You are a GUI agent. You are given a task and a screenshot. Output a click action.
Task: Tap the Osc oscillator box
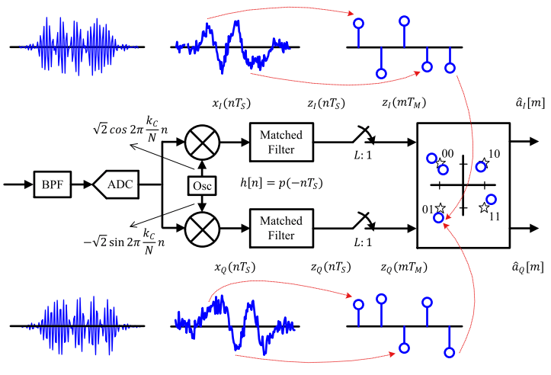202,184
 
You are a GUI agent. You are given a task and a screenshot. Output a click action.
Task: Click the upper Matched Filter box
281,141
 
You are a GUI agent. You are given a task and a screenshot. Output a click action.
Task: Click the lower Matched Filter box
281,227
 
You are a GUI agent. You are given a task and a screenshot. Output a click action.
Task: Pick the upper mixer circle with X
203,141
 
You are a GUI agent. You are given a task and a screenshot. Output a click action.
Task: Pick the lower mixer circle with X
203,227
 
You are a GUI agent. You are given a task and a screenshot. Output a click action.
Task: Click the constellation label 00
447,155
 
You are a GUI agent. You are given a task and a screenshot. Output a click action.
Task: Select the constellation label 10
494,155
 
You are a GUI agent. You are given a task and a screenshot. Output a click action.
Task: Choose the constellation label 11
494,216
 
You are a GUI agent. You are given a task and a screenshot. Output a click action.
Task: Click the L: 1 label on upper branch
364,157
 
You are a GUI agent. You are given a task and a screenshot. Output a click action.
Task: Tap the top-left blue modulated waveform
61,46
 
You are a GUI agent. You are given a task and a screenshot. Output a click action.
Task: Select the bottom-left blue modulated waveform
61,325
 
